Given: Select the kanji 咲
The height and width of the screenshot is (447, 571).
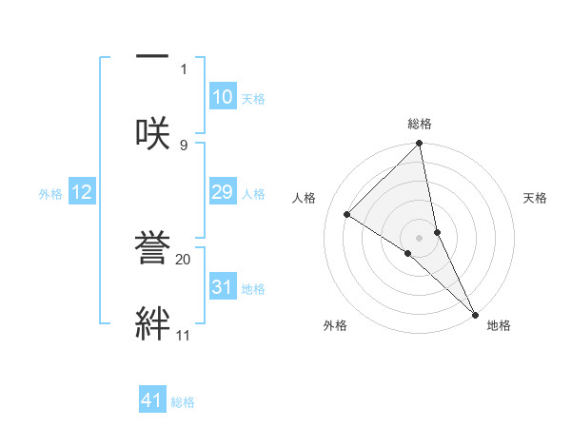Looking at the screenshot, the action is [152, 133].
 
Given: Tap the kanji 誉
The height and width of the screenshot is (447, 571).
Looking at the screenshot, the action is [152, 250].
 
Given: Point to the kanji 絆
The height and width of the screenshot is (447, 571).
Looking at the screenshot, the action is [152, 323].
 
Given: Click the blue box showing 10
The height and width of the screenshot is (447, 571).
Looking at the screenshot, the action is [222, 97].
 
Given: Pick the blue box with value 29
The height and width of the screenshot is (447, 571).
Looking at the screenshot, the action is [222, 193].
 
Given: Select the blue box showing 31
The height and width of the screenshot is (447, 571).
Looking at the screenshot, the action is [222, 287].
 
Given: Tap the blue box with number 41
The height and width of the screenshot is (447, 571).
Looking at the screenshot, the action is [152, 400].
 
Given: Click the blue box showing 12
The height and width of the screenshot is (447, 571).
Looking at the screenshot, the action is [82, 193].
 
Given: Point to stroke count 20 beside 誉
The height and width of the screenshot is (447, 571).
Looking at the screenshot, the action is [184, 258].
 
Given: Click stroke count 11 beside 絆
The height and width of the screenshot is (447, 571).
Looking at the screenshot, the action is [183, 335].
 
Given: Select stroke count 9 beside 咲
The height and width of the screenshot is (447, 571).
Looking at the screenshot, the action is [184, 145].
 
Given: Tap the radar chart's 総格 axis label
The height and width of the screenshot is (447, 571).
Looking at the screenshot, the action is [420, 124].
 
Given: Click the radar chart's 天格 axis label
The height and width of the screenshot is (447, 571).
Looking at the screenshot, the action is [535, 198].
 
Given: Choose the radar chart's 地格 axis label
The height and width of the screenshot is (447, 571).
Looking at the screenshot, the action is [499, 325].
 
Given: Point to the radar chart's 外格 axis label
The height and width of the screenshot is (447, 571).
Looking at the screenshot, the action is [335, 325].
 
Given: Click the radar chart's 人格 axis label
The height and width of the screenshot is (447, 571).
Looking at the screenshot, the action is [305, 198].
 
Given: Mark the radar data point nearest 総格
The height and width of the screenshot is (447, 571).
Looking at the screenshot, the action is [420, 144].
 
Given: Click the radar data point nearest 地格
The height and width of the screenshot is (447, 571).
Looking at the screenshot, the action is [475, 312].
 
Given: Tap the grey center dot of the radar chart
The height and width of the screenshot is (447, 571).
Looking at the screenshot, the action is [420, 237].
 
